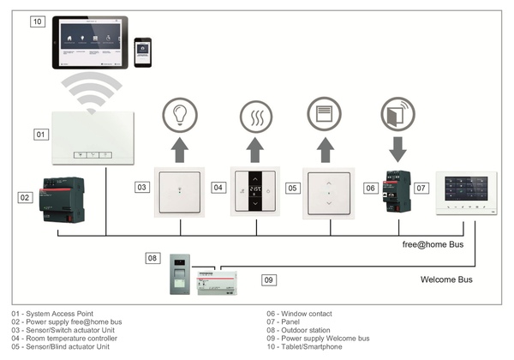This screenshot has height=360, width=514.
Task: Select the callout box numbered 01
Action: (x=40, y=135)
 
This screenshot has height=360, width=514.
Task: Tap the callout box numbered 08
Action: (x=152, y=257)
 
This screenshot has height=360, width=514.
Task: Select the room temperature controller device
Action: (x=254, y=189)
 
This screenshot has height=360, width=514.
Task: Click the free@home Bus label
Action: (x=433, y=245)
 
